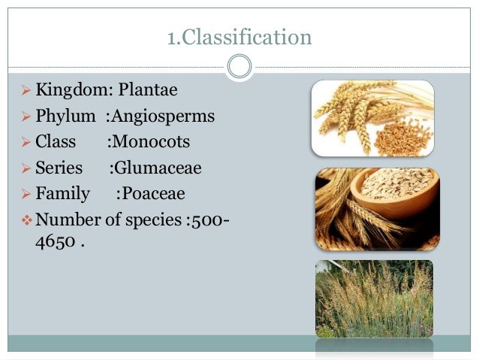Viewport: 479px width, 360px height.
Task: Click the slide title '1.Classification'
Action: pyautogui.click(x=239, y=38)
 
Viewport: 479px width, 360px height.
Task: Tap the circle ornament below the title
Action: pyautogui.click(x=239, y=66)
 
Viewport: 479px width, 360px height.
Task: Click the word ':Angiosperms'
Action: pyautogui.click(x=159, y=116)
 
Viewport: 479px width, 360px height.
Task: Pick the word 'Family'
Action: pyautogui.click(x=62, y=194)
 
